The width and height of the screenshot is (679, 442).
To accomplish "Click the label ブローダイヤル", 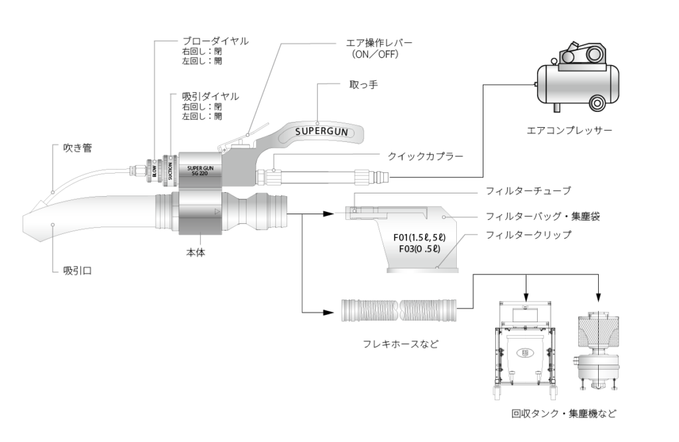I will (215, 41).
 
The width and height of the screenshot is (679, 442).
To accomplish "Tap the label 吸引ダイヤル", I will (210, 97).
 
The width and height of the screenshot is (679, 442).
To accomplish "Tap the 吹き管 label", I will (78, 148).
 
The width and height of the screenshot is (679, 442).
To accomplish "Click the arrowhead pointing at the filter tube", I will (326, 214).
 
